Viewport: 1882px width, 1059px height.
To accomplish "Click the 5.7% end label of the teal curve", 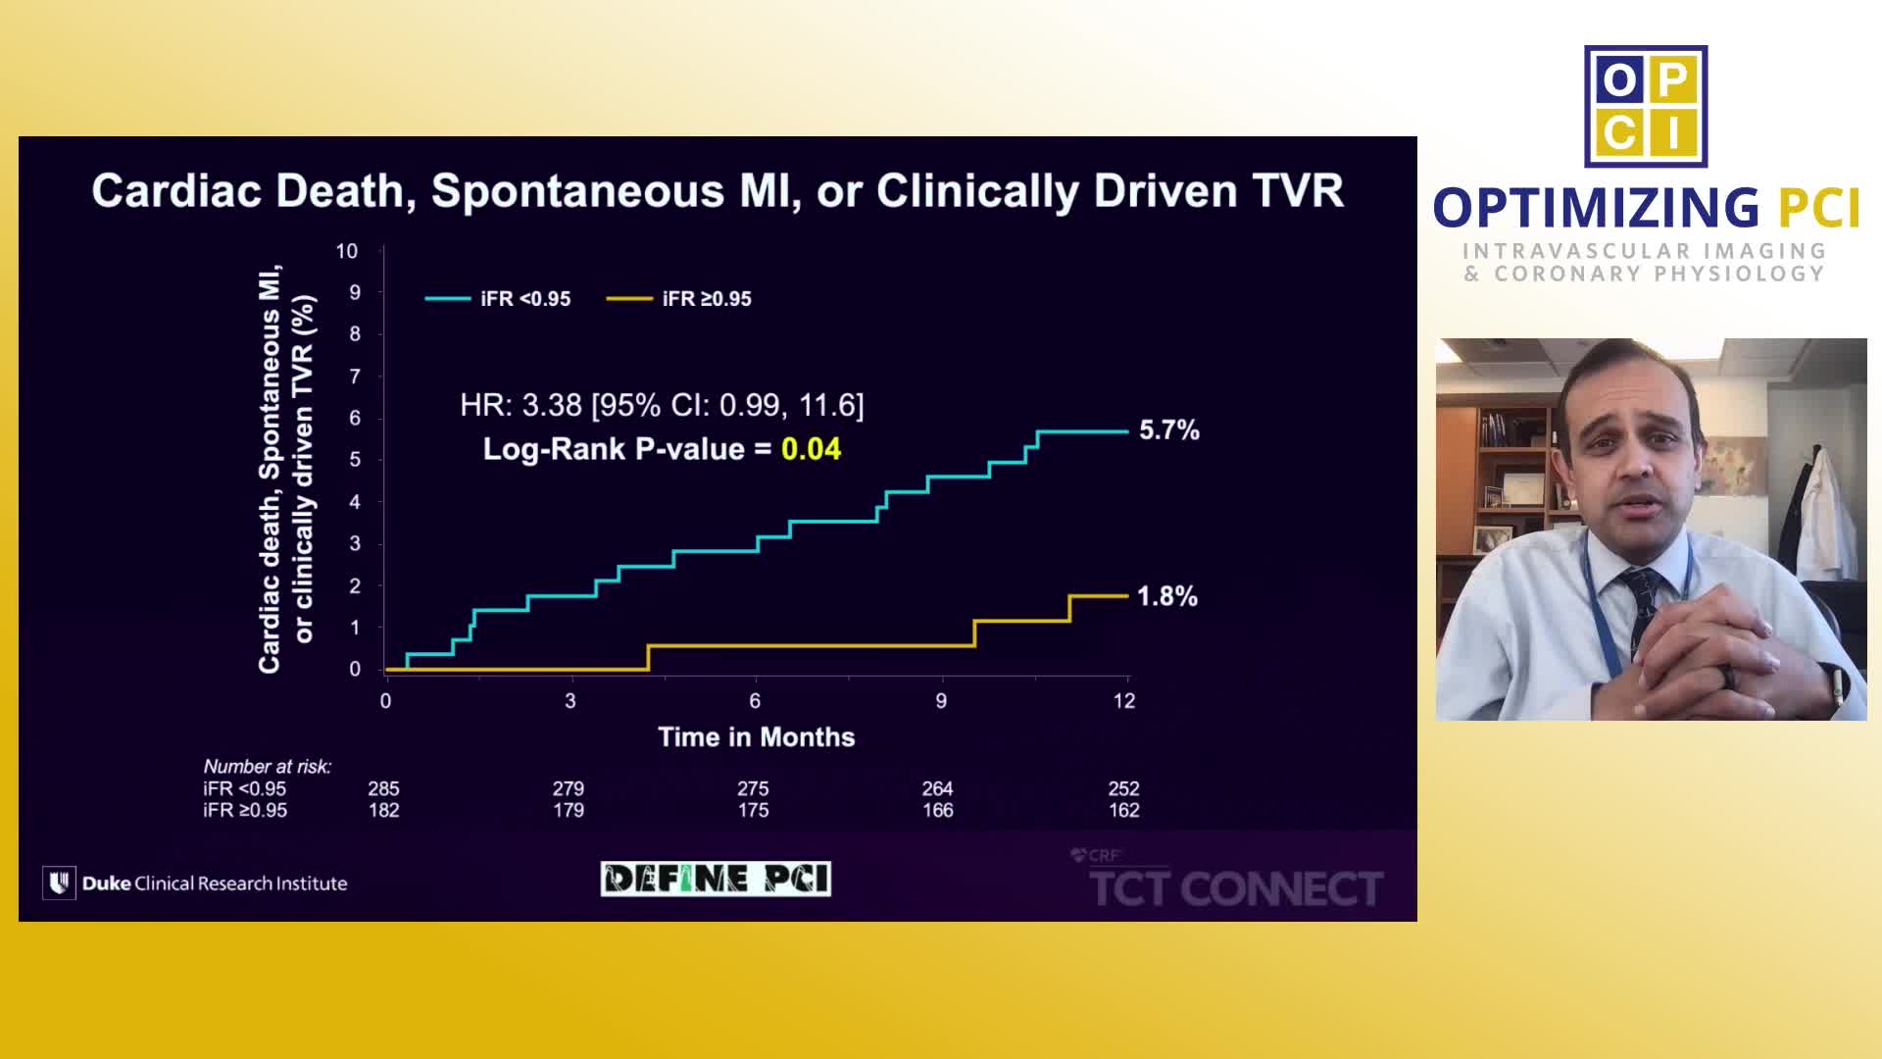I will [x=1168, y=430].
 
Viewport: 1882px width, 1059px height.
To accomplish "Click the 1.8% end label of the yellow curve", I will [x=1166, y=596].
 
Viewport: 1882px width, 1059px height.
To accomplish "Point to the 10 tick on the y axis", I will [x=347, y=251].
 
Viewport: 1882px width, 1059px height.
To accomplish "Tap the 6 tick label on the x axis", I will [x=755, y=701].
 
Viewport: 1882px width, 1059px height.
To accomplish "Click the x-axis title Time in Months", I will [x=756, y=737].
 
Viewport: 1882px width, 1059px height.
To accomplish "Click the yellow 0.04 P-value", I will [x=811, y=449].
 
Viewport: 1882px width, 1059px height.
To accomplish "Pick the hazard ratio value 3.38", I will [x=552, y=405].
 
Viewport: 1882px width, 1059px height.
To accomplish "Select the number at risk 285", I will [x=383, y=788].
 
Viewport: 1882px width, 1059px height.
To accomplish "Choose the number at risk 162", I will [x=1123, y=811].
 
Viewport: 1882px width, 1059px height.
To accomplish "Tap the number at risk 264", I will [x=937, y=788].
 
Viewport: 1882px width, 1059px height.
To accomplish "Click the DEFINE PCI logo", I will [x=716, y=879].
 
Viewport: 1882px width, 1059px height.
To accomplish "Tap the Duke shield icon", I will [x=59, y=882].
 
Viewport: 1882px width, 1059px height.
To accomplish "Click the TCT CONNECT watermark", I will [x=1235, y=888].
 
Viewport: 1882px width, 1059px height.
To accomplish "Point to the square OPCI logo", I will [x=1646, y=106].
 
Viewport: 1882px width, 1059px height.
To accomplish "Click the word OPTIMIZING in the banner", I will [x=1596, y=208].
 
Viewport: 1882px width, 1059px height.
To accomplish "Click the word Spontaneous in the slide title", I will [x=577, y=190].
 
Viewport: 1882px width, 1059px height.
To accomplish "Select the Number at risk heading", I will [x=267, y=767].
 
